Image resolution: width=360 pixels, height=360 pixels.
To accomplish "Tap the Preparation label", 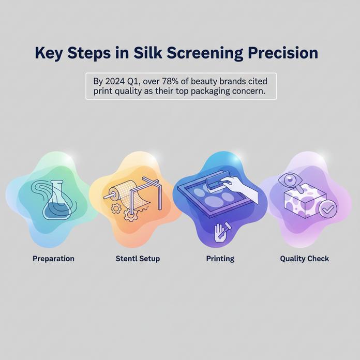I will point(53,258).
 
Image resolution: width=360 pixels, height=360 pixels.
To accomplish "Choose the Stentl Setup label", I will point(138,258).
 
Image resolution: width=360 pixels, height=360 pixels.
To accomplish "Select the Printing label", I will point(220,258).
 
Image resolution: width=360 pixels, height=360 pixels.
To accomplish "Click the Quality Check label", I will point(304,258).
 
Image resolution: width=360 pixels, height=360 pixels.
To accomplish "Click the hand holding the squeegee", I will point(237,184).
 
